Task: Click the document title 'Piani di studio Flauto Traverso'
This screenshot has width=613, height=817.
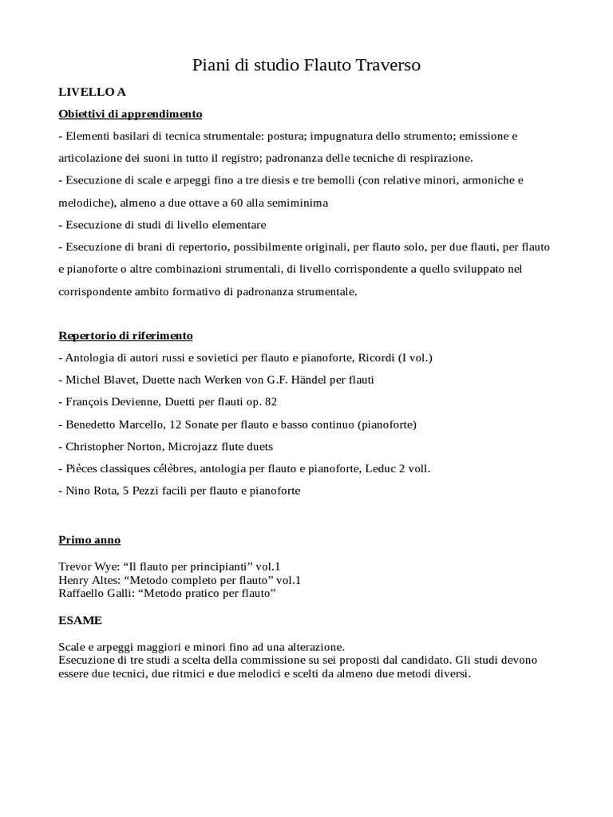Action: [x=306, y=65]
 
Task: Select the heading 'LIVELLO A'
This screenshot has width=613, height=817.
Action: [x=92, y=92]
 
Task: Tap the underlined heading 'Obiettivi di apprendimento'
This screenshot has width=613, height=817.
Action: [x=130, y=113]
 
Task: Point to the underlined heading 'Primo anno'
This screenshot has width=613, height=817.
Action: [x=89, y=540]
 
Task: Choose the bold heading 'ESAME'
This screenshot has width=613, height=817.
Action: [x=81, y=620]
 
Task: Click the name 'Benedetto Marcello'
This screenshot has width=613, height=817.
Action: [x=113, y=424]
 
